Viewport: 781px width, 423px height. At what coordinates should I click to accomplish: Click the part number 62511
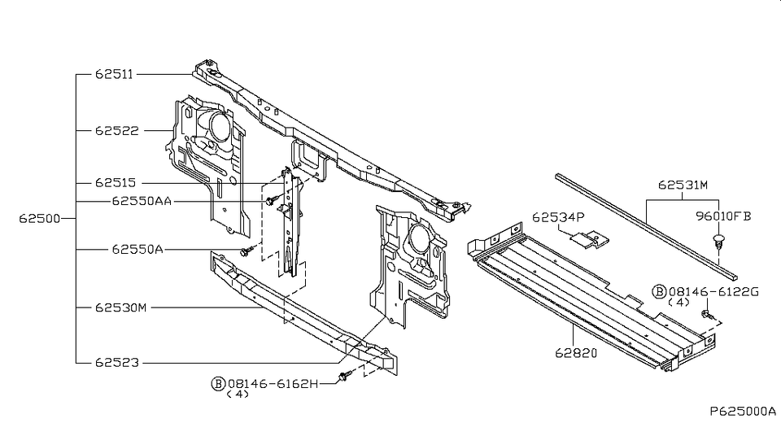[116, 74]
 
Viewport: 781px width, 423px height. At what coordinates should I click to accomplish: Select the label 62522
[116, 130]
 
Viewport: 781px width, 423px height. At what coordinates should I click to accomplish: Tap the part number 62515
[116, 183]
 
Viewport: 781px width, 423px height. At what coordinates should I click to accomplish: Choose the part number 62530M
[120, 307]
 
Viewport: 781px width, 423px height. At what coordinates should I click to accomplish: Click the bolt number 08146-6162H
[273, 382]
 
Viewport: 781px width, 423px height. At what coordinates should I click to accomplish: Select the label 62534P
[559, 217]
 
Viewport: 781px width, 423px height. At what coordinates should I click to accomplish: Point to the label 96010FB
[722, 217]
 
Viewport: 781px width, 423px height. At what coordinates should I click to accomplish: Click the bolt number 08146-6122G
[713, 290]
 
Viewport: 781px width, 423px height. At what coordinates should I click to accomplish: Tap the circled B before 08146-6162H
[217, 382]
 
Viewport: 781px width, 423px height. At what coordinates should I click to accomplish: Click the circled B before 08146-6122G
[659, 290]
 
